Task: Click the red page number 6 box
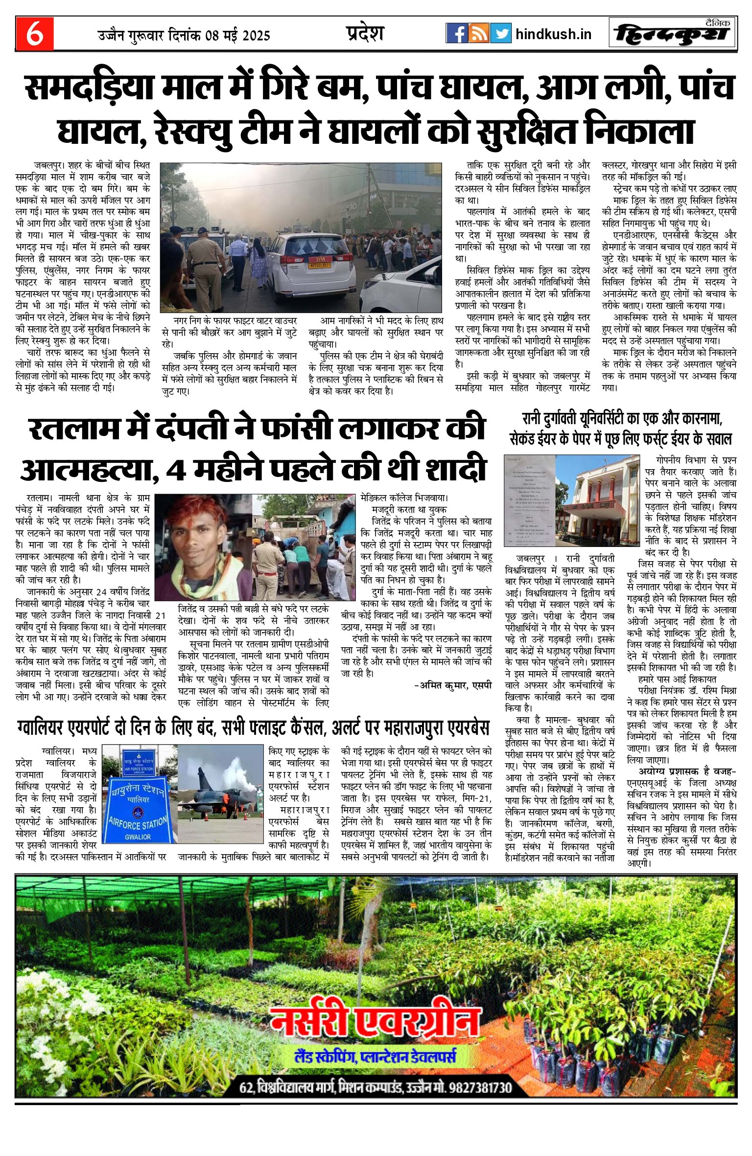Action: coord(34,34)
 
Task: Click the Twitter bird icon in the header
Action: coord(501,33)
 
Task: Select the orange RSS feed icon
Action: coord(479,33)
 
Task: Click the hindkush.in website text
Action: coord(553,34)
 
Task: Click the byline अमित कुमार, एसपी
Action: coord(453,685)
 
